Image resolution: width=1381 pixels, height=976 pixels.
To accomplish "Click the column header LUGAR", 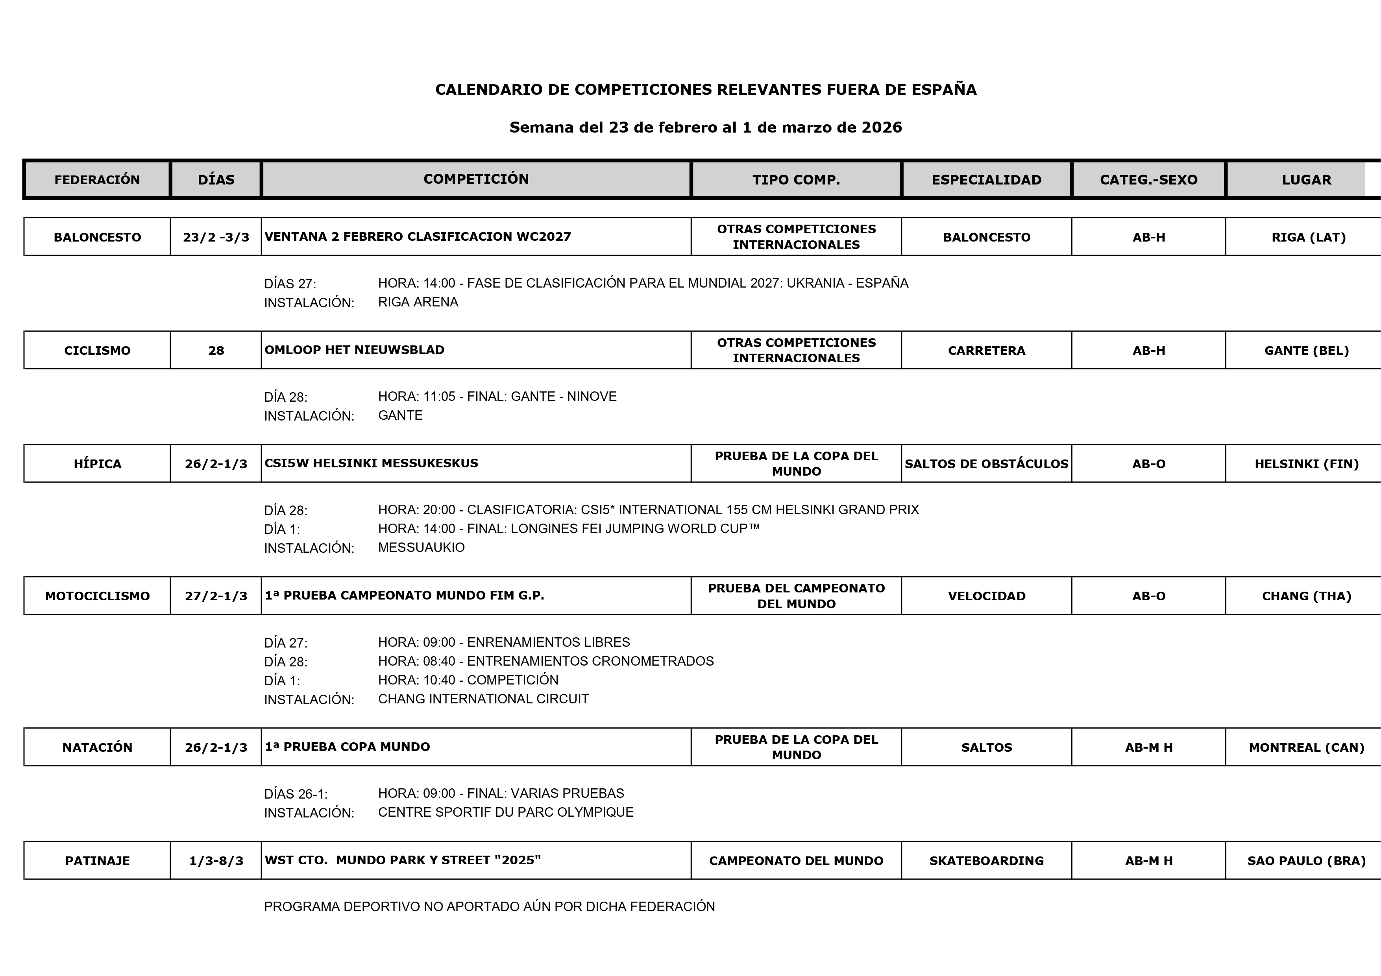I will tap(1306, 180).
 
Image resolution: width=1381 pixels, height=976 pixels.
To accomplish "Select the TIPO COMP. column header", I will tap(796, 180).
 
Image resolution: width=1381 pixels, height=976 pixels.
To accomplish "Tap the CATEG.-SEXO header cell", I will tap(1148, 180).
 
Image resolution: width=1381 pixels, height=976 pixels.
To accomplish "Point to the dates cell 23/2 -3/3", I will tap(216, 237).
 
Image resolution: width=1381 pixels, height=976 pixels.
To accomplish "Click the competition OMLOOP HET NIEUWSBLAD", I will tap(354, 350).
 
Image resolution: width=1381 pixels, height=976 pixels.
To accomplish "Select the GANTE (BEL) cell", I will tap(1306, 351).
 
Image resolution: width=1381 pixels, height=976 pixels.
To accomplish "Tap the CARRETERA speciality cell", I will tap(986, 351).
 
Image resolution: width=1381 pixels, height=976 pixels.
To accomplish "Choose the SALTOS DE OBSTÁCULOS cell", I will tap(986, 464).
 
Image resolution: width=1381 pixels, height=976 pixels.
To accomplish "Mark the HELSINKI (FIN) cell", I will tap(1306, 464).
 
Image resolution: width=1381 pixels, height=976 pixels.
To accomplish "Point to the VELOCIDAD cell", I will tap(986, 596).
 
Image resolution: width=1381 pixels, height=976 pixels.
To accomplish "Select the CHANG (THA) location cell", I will tap(1306, 596).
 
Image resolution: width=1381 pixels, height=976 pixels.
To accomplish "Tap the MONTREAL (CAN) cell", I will tap(1306, 747).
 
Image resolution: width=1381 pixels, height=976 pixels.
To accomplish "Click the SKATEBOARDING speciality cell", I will tap(986, 860).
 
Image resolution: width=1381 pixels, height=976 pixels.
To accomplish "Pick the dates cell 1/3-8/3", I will tap(216, 860).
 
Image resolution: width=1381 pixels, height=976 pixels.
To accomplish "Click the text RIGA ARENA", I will tap(418, 302).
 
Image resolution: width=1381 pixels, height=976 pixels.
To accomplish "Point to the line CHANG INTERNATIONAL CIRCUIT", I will tap(483, 699).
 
